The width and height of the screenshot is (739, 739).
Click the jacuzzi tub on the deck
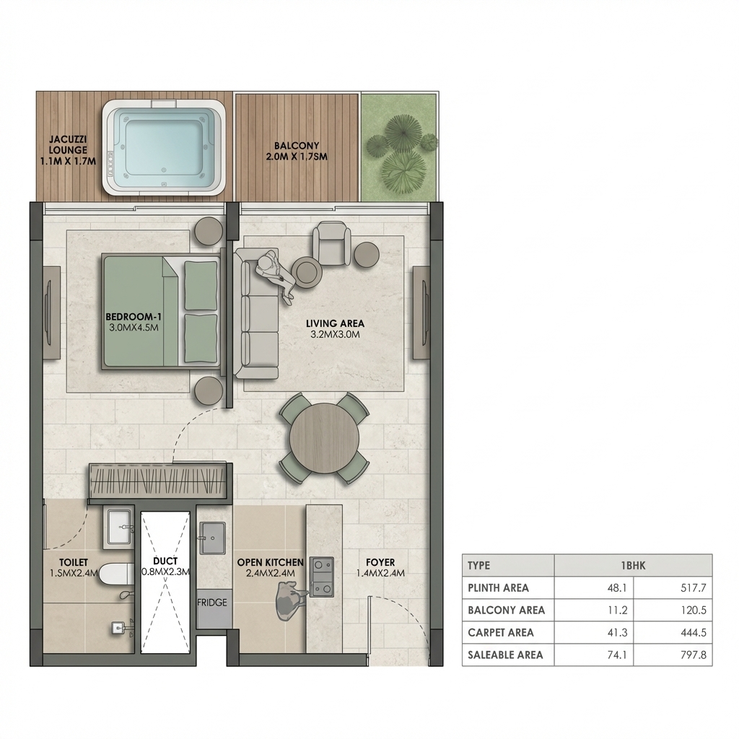point(165,148)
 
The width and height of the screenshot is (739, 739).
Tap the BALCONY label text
point(297,146)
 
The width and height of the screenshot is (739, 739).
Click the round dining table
point(324,438)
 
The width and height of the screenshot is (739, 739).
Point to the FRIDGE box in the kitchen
point(212,603)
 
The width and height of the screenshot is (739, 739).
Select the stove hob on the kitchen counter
point(322,577)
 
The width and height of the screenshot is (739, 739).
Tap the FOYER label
point(380,562)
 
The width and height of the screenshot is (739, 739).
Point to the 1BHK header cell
point(632,565)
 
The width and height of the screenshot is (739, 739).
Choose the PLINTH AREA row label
point(498,587)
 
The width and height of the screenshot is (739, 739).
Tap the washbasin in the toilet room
point(119,528)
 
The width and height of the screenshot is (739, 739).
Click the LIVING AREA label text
point(335,323)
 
